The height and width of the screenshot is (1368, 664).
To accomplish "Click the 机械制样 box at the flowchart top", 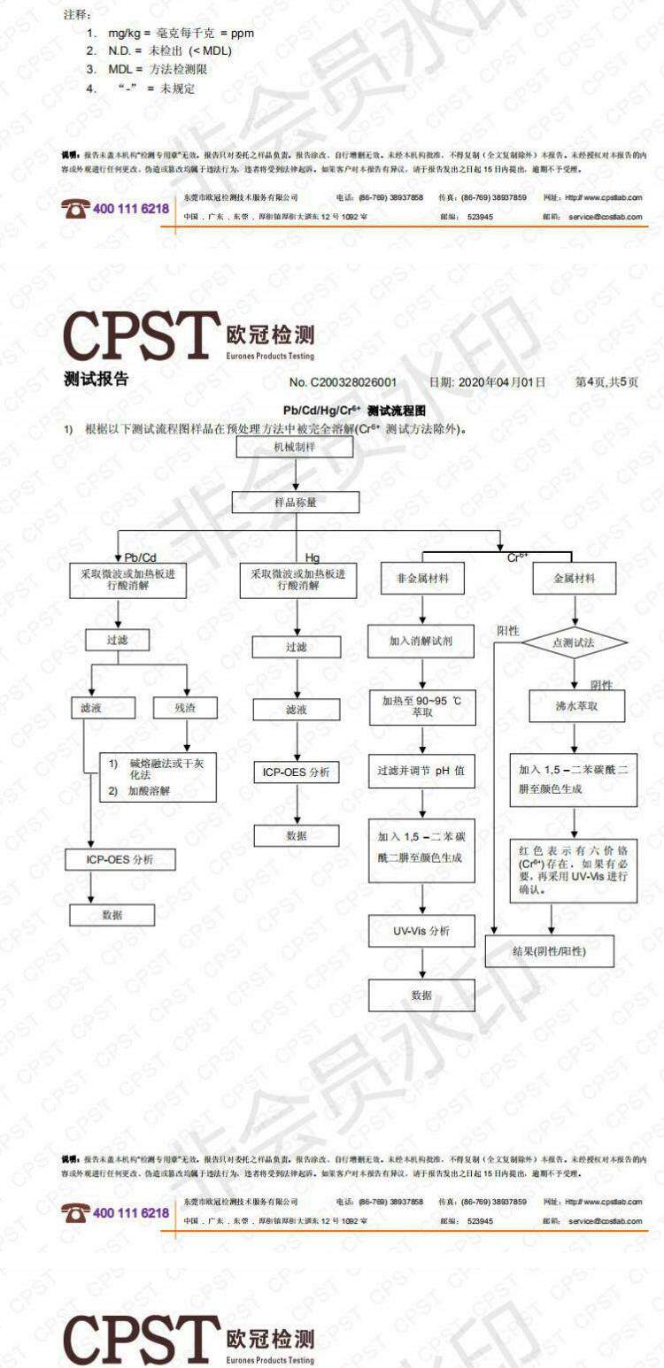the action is pyautogui.click(x=295, y=447).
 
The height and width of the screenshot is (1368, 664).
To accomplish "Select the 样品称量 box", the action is pyautogui.click(x=295, y=502).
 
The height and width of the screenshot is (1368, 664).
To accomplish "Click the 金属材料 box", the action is pyautogui.click(x=574, y=580).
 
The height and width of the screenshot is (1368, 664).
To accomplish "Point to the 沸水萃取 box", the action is pyautogui.click(x=576, y=706).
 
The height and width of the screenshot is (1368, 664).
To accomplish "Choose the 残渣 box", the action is pyautogui.click(x=185, y=708).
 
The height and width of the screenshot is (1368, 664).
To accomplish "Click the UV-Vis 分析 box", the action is pyautogui.click(x=421, y=931).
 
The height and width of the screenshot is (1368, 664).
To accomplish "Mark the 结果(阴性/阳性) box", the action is pyautogui.click(x=550, y=951).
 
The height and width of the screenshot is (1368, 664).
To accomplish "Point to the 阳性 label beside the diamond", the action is pyautogui.click(x=508, y=631).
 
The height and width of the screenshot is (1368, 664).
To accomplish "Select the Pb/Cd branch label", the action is pyautogui.click(x=139, y=557).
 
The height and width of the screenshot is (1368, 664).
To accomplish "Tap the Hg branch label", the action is pyautogui.click(x=313, y=557).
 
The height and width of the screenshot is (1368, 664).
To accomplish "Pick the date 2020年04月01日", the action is pyautogui.click(x=487, y=382).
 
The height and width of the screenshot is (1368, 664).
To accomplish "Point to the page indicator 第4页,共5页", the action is pyautogui.click(x=606, y=382).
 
